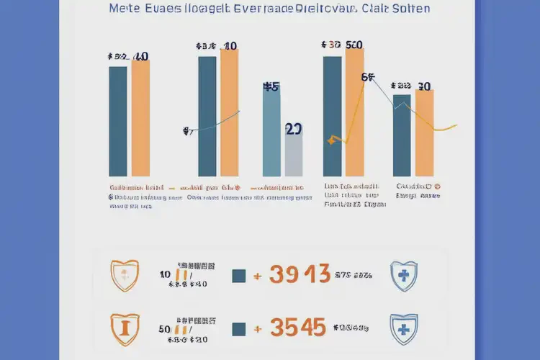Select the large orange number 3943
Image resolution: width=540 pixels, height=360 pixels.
click(300, 274)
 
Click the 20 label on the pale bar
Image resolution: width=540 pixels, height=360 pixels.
click(294, 130)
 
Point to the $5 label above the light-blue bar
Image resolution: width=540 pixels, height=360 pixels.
click(271, 88)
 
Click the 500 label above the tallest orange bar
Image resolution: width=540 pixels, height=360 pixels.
click(354, 45)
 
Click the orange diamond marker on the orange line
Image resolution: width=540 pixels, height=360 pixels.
click(331, 140)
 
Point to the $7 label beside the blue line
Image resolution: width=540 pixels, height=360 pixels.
click(187, 131)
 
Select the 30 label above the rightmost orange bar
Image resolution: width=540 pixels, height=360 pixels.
click(424, 86)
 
